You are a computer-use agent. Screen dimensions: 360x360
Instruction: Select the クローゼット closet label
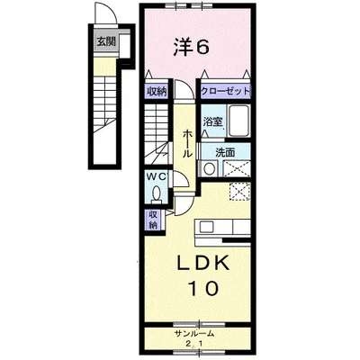(225, 91)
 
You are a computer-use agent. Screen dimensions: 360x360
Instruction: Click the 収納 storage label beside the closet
(157, 91)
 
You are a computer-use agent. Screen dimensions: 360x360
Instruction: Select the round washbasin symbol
(209, 167)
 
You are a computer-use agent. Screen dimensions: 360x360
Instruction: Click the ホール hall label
(186, 142)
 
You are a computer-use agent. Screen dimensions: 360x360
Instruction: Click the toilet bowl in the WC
(157, 193)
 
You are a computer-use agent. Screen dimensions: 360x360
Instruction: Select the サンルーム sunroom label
(194, 334)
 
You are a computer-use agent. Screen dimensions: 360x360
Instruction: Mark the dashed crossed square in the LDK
(239, 191)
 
